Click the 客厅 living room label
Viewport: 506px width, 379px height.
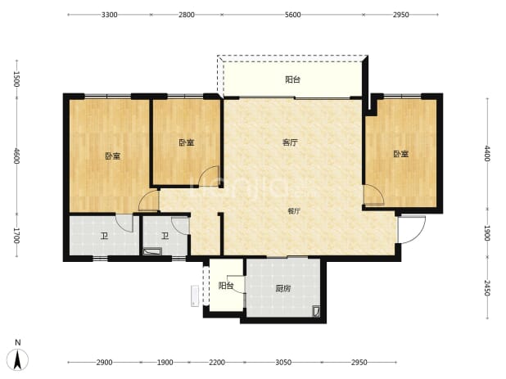pyautogui.click(x=290, y=142)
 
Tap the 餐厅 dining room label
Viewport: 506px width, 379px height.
pyautogui.click(x=294, y=211)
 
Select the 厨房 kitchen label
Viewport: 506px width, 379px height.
pyautogui.click(x=283, y=288)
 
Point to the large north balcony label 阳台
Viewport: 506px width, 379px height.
pyautogui.click(x=292, y=79)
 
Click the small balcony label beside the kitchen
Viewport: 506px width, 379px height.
pyautogui.click(x=226, y=286)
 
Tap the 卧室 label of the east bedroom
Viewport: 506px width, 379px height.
pyautogui.click(x=401, y=154)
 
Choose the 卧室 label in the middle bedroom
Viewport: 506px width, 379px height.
pyautogui.click(x=187, y=142)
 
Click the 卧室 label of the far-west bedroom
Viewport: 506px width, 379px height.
pyautogui.click(x=113, y=156)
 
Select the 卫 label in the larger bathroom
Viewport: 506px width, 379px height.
pyautogui.click(x=104, y=236)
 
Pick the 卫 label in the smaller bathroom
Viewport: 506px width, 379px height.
pyautogui.click(x=165, y=236)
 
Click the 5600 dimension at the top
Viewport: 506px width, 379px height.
pyautogui.click(x=292, y=15)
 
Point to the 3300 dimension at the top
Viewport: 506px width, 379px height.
pyautogui.click(x=110, y=15)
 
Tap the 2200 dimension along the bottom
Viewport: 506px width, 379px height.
pyautogui.click(x=217, y=363)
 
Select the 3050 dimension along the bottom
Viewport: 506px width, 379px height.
pyautogui.click(x=283, y=363)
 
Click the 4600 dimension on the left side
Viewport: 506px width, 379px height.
pyautogui.click(x=16, y=156)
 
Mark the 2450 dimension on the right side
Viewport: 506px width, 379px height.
pyautogui.click(x=487, y=288)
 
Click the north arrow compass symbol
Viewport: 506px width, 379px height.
pyautogui.click(x=18, y=359)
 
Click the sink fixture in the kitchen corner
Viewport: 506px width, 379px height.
pyautogui.click(x=316, y=311)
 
